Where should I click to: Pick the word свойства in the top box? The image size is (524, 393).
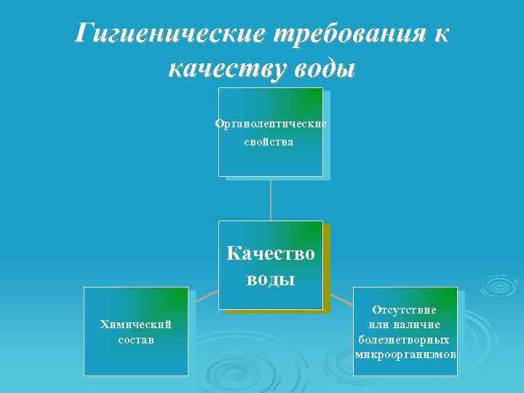[x=269, y=141]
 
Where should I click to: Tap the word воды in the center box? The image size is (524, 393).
[x=271, y=278]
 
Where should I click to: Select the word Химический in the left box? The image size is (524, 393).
[x=135, y=324]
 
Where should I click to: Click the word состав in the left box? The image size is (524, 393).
[x=135, y=340]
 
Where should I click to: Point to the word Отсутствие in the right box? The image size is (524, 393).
[x=405, y=310]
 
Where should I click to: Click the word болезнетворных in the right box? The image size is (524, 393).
[x=405, y=339]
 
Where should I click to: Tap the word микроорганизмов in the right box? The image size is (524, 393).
[x=405, y=354]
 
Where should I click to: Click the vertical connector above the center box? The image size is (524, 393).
[x=271, y=199]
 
